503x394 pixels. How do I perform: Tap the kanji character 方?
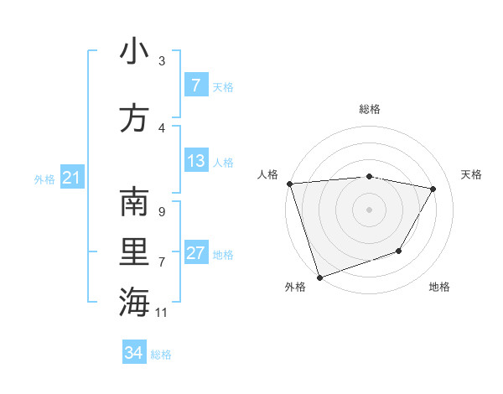(134, 118)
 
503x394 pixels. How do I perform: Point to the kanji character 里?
(134, 252)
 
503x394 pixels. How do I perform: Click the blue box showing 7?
(195, 86)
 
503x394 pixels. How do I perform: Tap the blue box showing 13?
(195, 161)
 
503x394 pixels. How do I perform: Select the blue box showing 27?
(195, 253)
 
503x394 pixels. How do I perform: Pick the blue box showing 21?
(71, 178)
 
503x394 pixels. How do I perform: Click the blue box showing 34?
(133, 353)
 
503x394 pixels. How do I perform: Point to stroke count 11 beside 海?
(162, 313)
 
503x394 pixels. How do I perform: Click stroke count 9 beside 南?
(161, 212)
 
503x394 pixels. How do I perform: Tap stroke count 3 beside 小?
(161, 61)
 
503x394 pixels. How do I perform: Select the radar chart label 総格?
(369, 109)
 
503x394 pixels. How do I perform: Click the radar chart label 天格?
(471, 174)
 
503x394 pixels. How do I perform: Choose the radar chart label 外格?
(295, 288)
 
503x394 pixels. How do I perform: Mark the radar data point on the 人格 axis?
(289, 184)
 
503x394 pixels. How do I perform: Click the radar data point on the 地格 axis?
(399, 251)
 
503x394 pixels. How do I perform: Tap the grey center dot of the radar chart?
(369, 209)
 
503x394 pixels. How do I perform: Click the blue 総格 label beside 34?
(161, 355)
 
